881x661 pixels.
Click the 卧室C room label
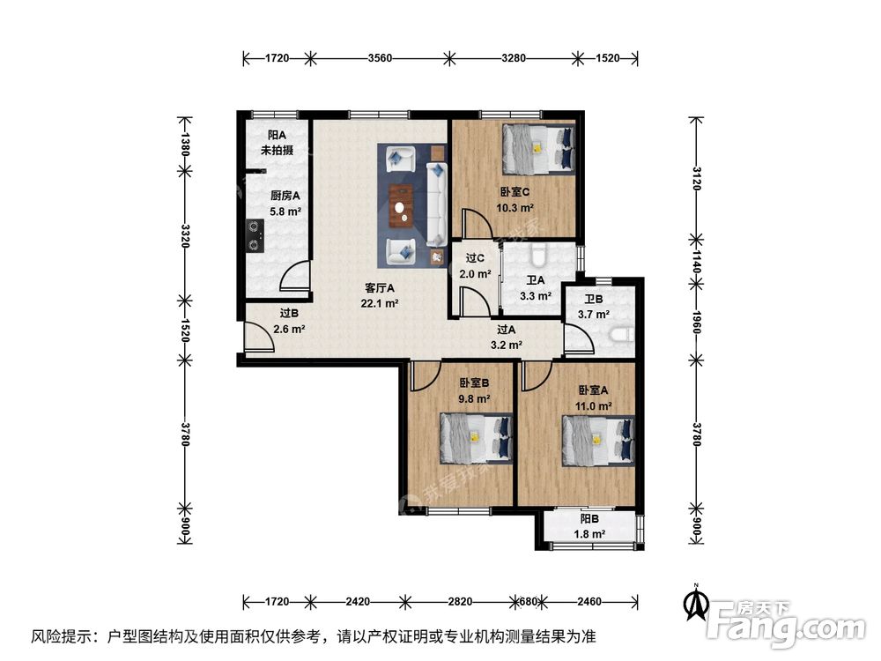click(x=515, y=191)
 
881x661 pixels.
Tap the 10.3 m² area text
click(x=515, y=207)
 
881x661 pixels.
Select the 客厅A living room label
click(x=379, y=288)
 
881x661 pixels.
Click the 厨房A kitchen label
click(x=285, y=196)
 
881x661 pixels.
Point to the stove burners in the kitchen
click(x=255, y=235)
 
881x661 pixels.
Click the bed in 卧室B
click(x=476, y=438)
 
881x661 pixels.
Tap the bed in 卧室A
click(x=599, y=441)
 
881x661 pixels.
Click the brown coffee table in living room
click(x=401, y=206)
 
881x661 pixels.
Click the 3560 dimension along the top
click(x=380, y=58)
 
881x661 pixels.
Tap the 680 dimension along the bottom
click(x=528, y=601)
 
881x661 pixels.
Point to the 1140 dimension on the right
click(x=696, y=262)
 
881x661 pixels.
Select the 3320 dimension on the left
click(x=185, y=236)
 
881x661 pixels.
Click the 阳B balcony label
click(x=589, y=519)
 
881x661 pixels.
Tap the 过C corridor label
click(x=475, y=258)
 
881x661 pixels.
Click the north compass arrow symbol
click(x=696, y=603)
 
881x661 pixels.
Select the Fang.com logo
click(x=787, y=622)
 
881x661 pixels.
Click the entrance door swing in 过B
click(x=258, y=338)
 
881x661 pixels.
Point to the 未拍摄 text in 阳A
click(x=277, y=150)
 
